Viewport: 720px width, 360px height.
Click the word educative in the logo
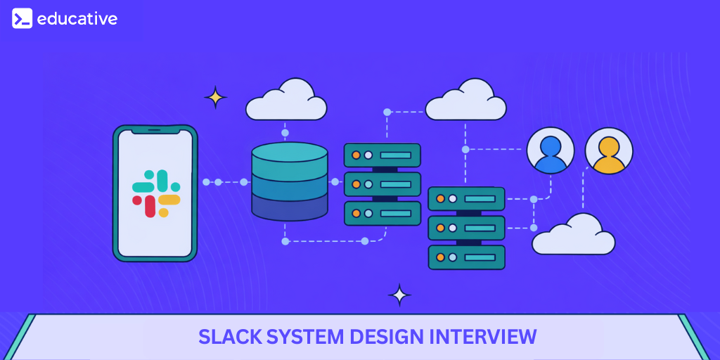point(77,19)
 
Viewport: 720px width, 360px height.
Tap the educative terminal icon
point(22,18)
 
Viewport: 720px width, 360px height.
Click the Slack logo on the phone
point(156,193)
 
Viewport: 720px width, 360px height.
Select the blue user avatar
point(551,150)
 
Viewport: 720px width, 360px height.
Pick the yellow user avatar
point(609,150)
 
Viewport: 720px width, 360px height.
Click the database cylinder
point(290,181)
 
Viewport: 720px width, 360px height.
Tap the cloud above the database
point(286,101)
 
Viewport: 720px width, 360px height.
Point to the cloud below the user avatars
point(574,236)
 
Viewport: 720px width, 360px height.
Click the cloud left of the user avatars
point(465,101)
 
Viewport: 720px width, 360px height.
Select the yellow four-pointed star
point(215,97)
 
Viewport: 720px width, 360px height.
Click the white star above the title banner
point(399,295)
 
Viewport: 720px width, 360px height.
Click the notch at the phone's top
point(155,131)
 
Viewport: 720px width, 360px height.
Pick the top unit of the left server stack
point(382,155)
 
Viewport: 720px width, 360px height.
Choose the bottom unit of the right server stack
point(466,257)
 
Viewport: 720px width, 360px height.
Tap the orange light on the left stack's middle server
point(356,184)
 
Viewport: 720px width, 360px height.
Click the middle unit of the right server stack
point(466,228)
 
